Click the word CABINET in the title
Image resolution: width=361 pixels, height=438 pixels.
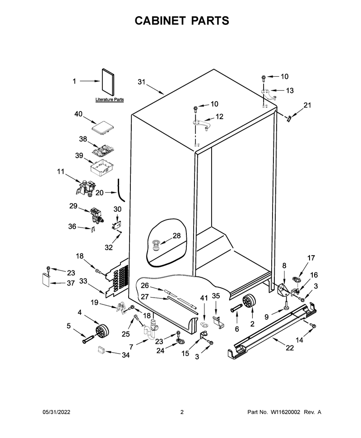point(160,21)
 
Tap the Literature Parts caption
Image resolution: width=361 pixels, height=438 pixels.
point(110,99)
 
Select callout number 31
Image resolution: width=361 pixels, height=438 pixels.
point(142,82)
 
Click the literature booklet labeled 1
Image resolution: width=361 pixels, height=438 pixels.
point(108,82)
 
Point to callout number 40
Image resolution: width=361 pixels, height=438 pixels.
point(79,114)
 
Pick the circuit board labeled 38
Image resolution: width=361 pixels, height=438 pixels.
point(103,150)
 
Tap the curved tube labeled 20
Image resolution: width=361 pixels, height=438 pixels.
point(121,190)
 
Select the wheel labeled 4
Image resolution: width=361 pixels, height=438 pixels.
point(102,331)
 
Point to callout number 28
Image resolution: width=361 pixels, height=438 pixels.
point(176,236)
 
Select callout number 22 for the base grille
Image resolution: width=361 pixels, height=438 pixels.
point(290,348)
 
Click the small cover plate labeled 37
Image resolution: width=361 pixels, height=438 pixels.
point(46,280)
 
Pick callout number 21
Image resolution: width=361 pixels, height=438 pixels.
point(307,105)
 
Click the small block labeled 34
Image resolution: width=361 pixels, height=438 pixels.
point(101,350)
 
